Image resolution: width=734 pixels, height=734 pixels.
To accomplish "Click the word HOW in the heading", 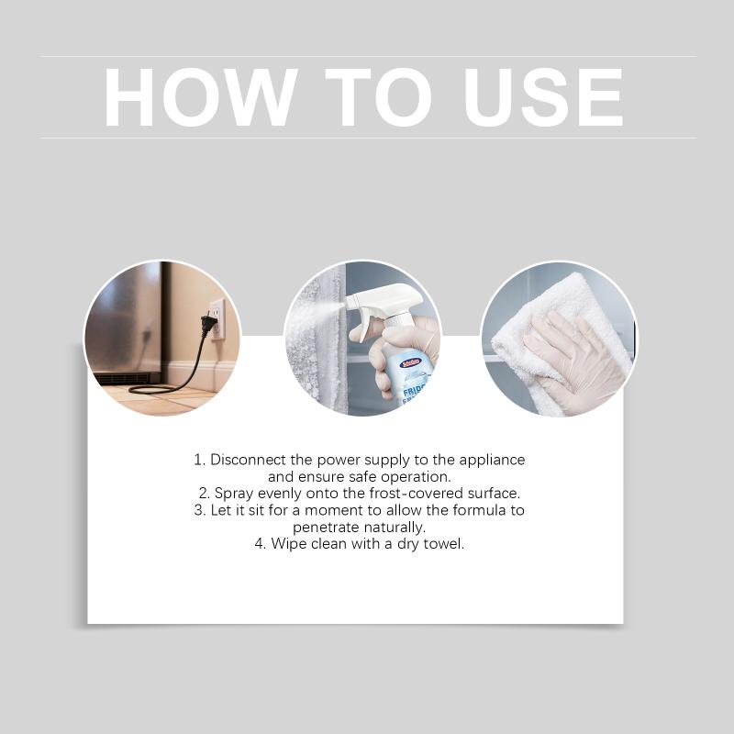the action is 201,97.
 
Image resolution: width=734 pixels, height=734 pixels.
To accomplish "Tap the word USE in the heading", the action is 543,97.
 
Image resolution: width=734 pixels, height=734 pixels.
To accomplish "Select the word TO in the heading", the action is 378,97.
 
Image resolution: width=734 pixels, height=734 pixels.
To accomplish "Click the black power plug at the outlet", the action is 208,324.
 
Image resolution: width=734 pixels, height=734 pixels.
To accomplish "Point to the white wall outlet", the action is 217,318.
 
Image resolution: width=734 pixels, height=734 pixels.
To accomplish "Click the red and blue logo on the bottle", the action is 411,361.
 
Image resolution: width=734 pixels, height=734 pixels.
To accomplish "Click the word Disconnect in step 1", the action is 248,460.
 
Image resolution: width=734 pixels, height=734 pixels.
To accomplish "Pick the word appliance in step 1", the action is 492,461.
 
